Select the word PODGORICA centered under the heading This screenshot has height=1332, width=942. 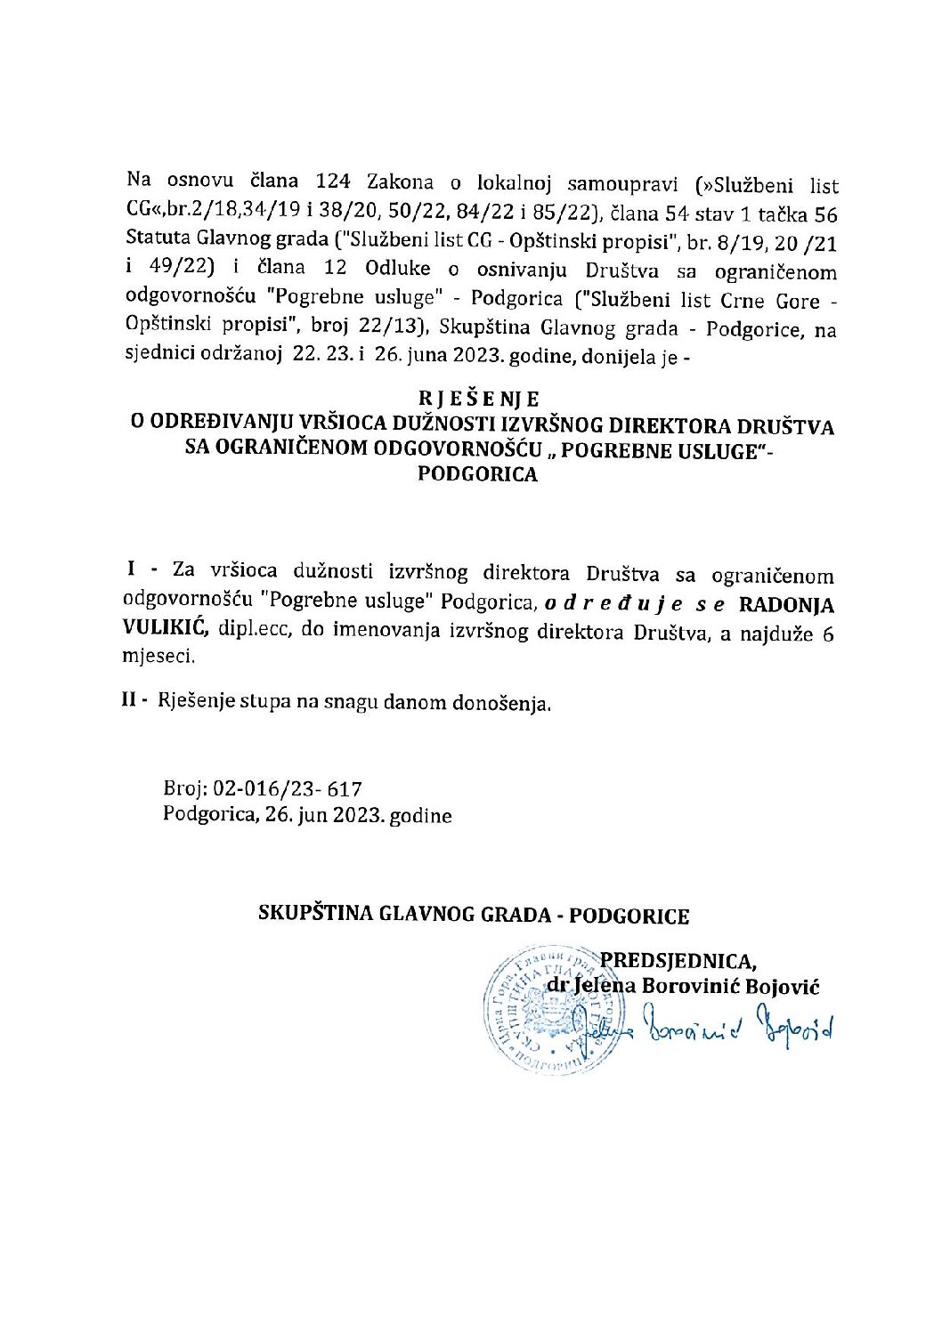(478, 474)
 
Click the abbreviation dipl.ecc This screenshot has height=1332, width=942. (253, 632)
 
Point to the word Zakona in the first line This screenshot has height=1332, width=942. (401, 182)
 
